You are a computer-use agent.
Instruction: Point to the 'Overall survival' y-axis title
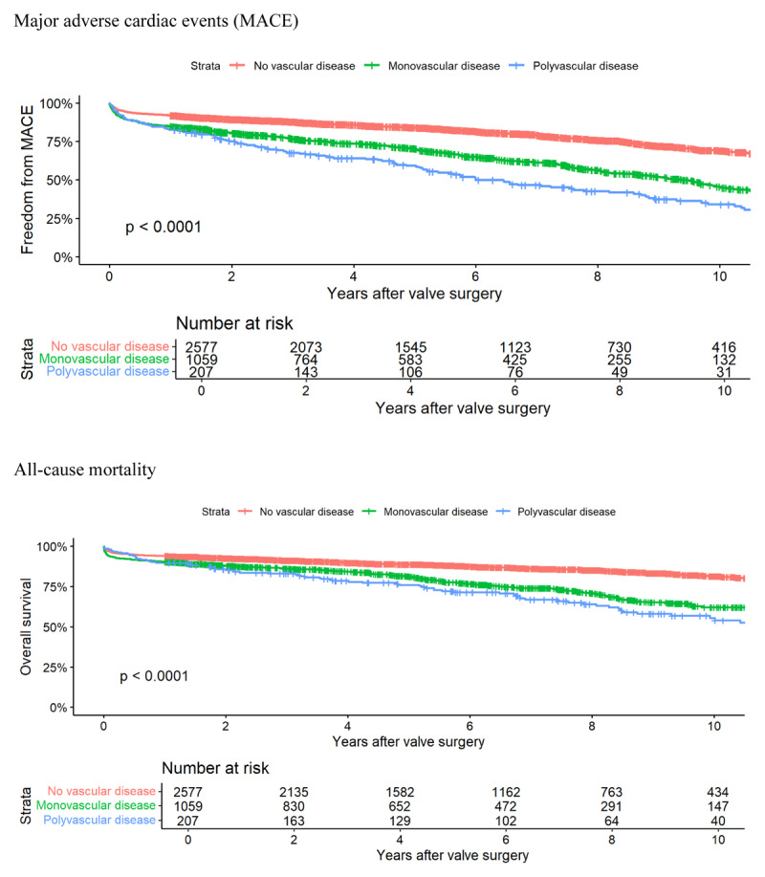tap(28, 626)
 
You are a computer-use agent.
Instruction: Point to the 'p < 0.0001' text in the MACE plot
tap(162, 228)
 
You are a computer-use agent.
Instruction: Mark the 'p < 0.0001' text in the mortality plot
tap(154, 676)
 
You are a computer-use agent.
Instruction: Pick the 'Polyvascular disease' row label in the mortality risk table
tap(100, 819)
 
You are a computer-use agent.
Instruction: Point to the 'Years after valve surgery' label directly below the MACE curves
tap(414, 294)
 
